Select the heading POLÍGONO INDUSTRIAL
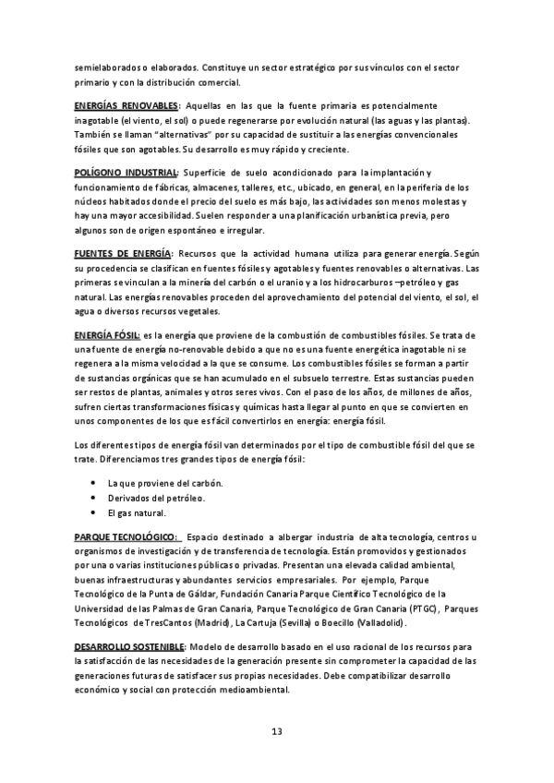tap(126, 174)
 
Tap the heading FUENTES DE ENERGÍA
tap(122, 254)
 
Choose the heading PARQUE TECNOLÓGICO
tap(126, 536)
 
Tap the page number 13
tap(277, 732)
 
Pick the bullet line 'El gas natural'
tap(137, 513)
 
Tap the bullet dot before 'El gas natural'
tap(94, 513)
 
